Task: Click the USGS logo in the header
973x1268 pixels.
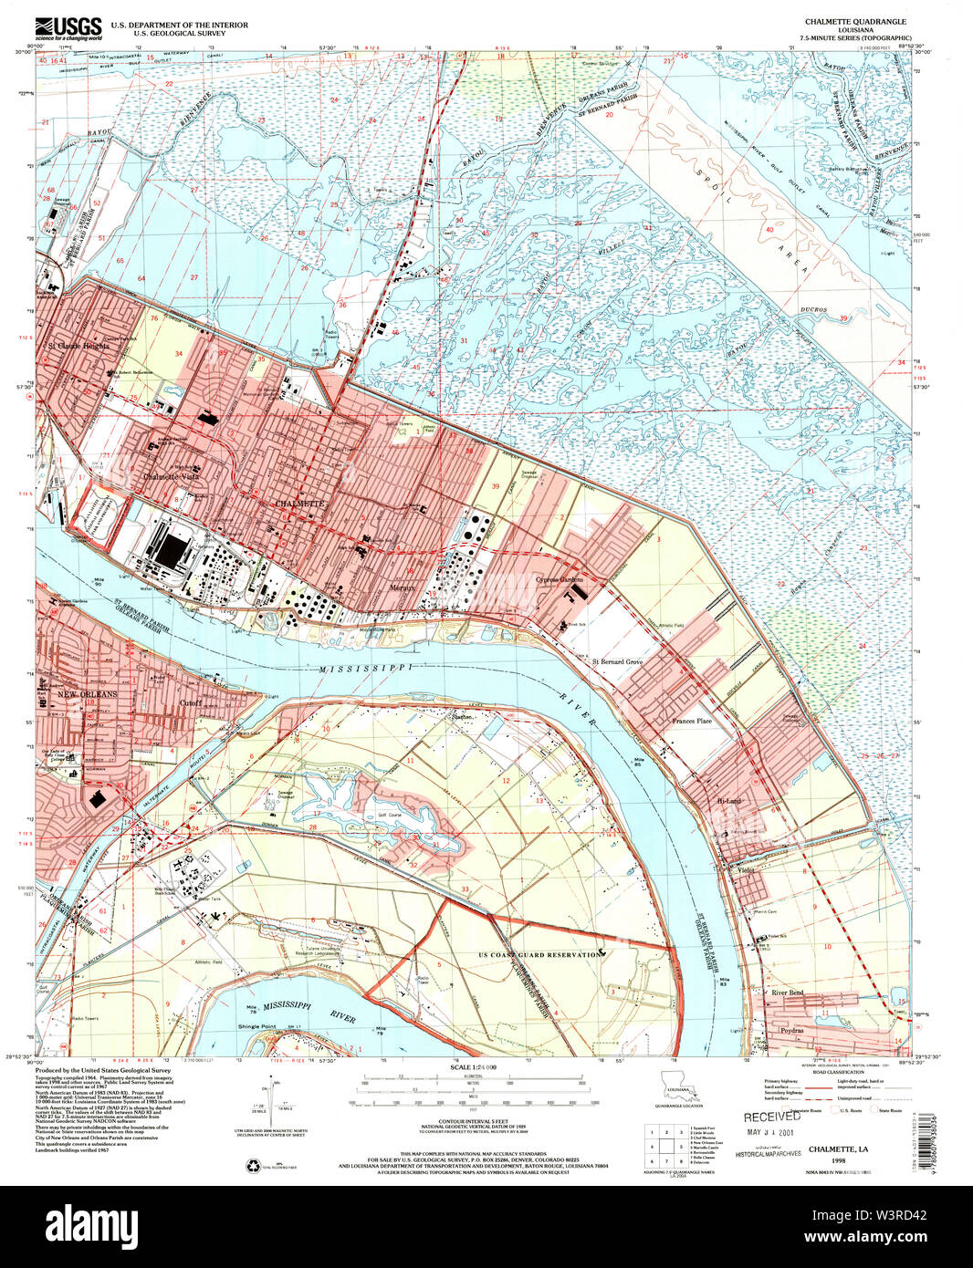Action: pos(68,27)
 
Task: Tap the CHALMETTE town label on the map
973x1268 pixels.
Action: pos(298,504)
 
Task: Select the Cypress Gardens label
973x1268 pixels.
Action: pos(559,580)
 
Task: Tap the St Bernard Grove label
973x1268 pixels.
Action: pos(618,661)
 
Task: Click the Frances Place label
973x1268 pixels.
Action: pos(691,721)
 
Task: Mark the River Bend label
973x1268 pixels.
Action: pos(788,993)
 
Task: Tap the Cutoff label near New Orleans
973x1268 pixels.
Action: pos(190,703)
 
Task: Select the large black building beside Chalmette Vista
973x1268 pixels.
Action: pos(171,551)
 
